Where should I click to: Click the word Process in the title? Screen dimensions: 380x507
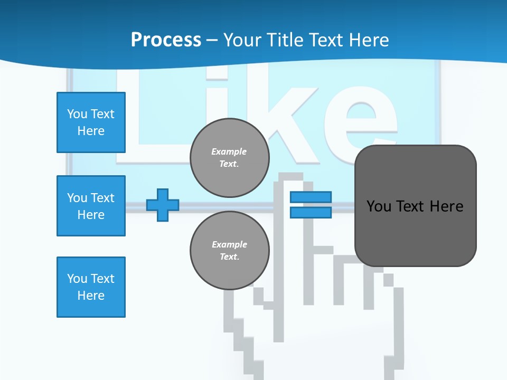166,40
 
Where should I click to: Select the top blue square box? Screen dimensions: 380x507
91,122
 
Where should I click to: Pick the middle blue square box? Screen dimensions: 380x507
91,206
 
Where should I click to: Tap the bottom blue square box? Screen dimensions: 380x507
91,287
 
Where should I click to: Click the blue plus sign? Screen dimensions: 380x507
163,205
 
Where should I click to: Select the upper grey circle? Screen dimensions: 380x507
230,158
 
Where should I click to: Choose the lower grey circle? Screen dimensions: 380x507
230,251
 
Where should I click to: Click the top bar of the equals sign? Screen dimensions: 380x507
311,197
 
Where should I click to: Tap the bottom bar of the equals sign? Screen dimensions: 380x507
311,212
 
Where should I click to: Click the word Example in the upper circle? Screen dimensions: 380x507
229,151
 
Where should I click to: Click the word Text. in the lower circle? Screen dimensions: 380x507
230,257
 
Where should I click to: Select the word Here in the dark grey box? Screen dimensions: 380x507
446,206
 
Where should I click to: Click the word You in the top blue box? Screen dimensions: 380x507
77,114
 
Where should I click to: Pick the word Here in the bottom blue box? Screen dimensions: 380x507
91,296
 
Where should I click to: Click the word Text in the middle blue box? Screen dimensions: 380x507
102,198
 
